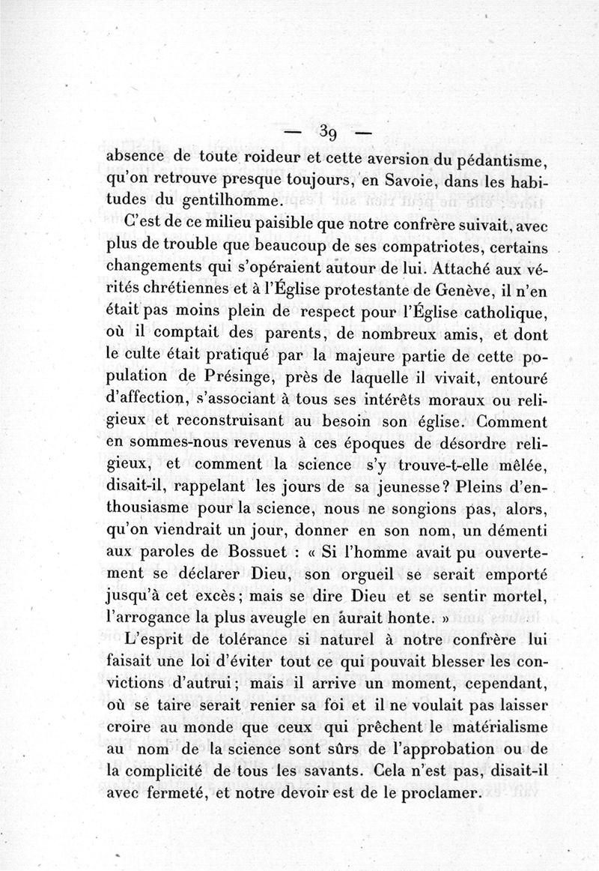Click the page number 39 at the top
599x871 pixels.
[326, 133]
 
